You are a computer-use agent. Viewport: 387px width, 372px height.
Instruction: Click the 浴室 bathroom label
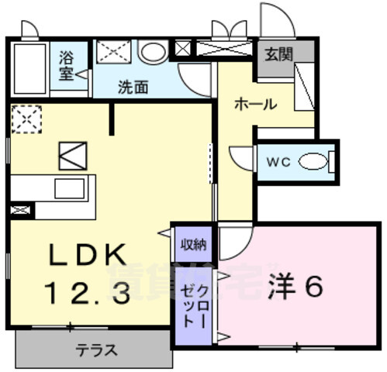click(67, 66)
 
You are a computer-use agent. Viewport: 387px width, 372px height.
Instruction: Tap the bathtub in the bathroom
click(30, 69)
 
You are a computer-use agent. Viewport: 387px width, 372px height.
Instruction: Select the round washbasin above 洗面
click(153, 51)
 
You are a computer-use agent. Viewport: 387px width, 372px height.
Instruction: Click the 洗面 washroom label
click(133, 88)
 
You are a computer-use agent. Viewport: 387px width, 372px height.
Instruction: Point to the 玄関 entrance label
click(278, 54)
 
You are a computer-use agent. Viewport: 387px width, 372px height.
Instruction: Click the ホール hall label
click(255, 105)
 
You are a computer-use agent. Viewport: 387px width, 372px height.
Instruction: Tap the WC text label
click(278, 163)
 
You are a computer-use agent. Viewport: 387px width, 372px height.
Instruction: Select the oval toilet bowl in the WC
click(313, 162)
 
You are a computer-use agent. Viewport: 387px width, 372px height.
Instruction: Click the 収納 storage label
click(193, 244)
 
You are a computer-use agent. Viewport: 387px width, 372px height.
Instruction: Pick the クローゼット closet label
click(195, 307)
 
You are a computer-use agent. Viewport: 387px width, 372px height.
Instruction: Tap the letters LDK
click(87, 254)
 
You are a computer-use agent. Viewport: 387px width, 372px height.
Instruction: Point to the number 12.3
click(87, 292)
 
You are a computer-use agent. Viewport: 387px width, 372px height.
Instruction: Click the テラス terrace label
click(96, 350)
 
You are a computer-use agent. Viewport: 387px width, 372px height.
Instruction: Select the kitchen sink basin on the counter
click(70, 188)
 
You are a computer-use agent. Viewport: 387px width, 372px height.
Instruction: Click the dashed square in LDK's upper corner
click(26, 119)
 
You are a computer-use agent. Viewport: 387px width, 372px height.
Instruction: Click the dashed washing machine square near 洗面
click(113, 52)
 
